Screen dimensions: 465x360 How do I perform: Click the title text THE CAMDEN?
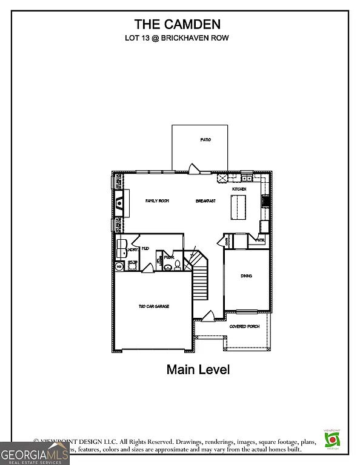[178, 24]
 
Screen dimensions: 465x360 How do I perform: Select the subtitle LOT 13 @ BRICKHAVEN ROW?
[177, 38]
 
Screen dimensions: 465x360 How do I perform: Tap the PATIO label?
[205, 140]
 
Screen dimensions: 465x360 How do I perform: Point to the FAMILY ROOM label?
[156, 200]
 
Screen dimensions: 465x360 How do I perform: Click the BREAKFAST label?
[205, 200]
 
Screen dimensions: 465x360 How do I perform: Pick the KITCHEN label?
[239, 190]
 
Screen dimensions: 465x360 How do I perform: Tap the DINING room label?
[246, 276]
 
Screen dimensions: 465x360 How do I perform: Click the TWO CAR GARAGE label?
[153, 306]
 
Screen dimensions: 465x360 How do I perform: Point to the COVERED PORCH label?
[244, 327]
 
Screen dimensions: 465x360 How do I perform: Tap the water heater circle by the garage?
[119, 266]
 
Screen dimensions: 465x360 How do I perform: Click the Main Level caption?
[198, 369]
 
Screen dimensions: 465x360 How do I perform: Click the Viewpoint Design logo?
[332, 439]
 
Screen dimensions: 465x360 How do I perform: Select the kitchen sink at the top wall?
[247, 179]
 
